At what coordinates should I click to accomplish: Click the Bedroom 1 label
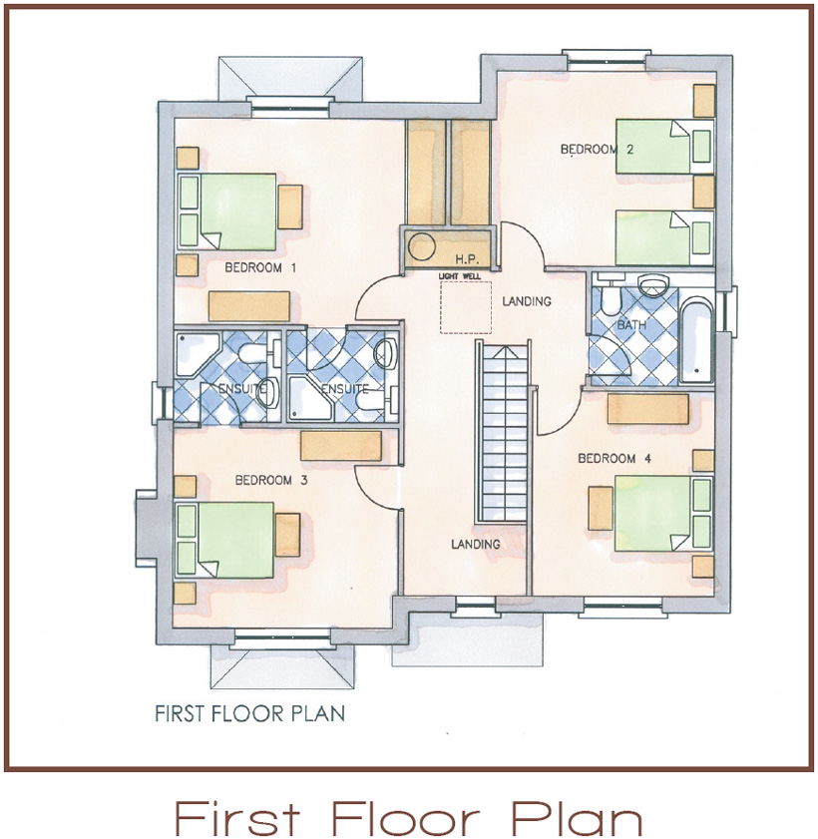(x=260, y=267)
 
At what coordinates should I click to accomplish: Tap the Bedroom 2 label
(x=597, y=149)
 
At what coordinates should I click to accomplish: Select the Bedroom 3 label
(x=271, y=480)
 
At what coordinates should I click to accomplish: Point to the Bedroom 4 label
(x=614, y=458)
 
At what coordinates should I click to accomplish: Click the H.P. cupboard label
(x=466, y=259)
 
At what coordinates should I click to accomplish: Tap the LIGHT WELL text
(x=460, y=276)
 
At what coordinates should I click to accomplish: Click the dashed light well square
(x=466, y=307)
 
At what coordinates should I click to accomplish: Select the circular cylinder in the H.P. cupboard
(x=422, y=247)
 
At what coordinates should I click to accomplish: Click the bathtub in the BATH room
(x=696, y=340)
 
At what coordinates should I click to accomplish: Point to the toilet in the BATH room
(x=611, y=299)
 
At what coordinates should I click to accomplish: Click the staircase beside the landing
(x=503, y=432)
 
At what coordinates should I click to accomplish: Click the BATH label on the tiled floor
(x=631, y=325)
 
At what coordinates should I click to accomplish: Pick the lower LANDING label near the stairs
(x=476, y=544)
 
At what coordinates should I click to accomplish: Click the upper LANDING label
(x=527, y=301)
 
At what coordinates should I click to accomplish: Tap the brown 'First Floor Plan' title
(x=409, y=816)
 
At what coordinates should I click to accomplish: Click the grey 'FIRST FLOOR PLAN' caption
(x=249, y=713)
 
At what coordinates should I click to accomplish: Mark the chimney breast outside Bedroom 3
(x=146, y=528)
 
